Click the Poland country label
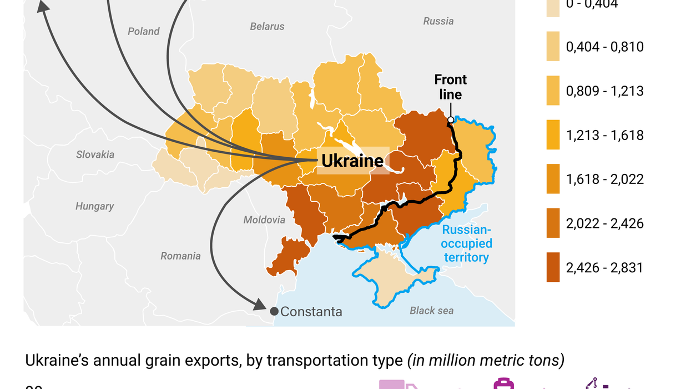click(144, 32)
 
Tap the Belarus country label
click(267, 26)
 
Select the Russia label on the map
click(438, 21)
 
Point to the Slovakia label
click(95, 154)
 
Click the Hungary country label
click(94, 206)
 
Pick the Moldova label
click(264, 220)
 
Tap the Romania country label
click(180, 256)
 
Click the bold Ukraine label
click(352, 161)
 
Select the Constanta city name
click(311, 312)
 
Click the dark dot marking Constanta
click(274, 311)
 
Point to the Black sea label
click(431, 311)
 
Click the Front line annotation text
click(450, 87)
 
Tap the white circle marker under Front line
click(451, 119)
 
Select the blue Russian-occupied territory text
click(466, 243)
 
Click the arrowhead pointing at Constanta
click(260, 305)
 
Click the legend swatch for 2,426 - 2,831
click(553, 267)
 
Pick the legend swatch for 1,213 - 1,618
click(553, 135)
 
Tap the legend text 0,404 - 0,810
click(604, 47)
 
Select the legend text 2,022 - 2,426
click(604, 223)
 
